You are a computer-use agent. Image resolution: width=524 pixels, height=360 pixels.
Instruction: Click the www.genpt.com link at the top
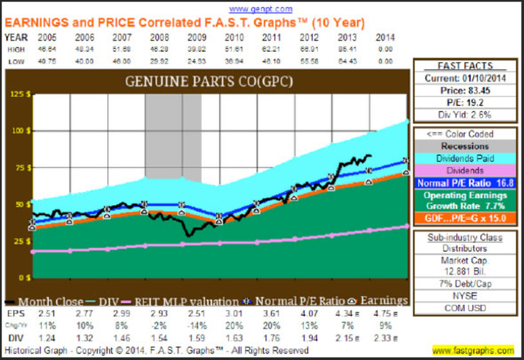tap(260, 9)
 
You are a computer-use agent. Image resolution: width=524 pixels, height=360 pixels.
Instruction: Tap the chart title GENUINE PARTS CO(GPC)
tap(209, 82)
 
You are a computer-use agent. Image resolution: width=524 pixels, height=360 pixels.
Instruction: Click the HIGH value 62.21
tap(271, 50)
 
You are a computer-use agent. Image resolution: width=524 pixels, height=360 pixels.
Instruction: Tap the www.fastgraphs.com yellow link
tap(473, 350)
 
